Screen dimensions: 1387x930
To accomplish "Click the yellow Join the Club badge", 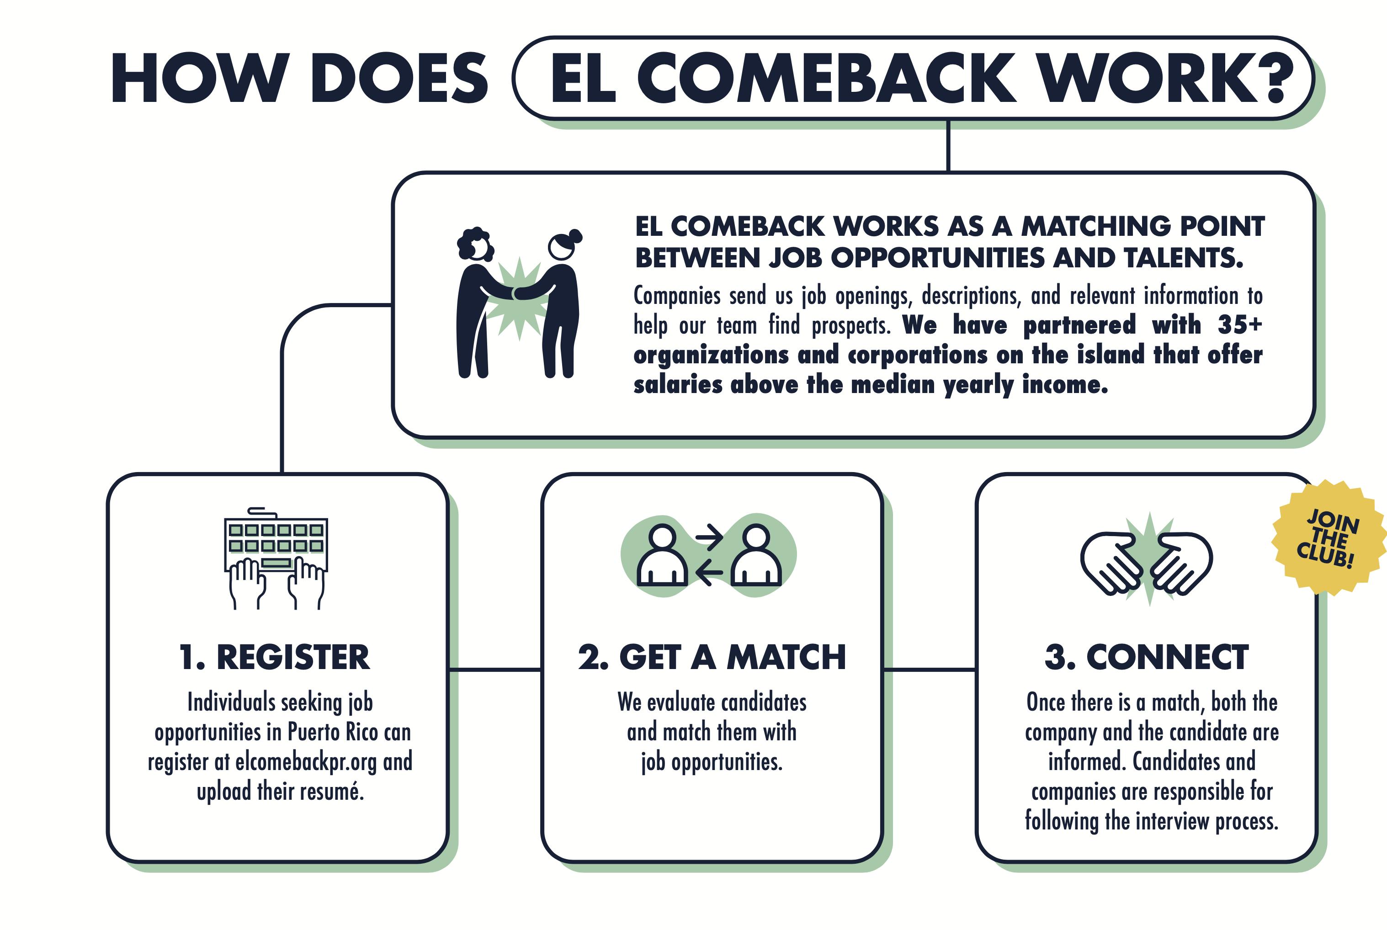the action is tap(1329, 537).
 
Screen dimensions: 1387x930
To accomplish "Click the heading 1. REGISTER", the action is tap(275, 657).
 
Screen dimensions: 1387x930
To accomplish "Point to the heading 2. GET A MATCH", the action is tap(712, 657).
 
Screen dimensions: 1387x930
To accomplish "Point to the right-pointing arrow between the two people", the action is tap(709, 537).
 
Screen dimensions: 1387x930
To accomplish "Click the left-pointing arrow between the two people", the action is tap(709, 573).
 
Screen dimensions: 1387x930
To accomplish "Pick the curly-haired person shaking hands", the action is tap(475, 303).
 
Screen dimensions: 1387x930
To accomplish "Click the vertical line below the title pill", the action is tap(948, 146).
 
